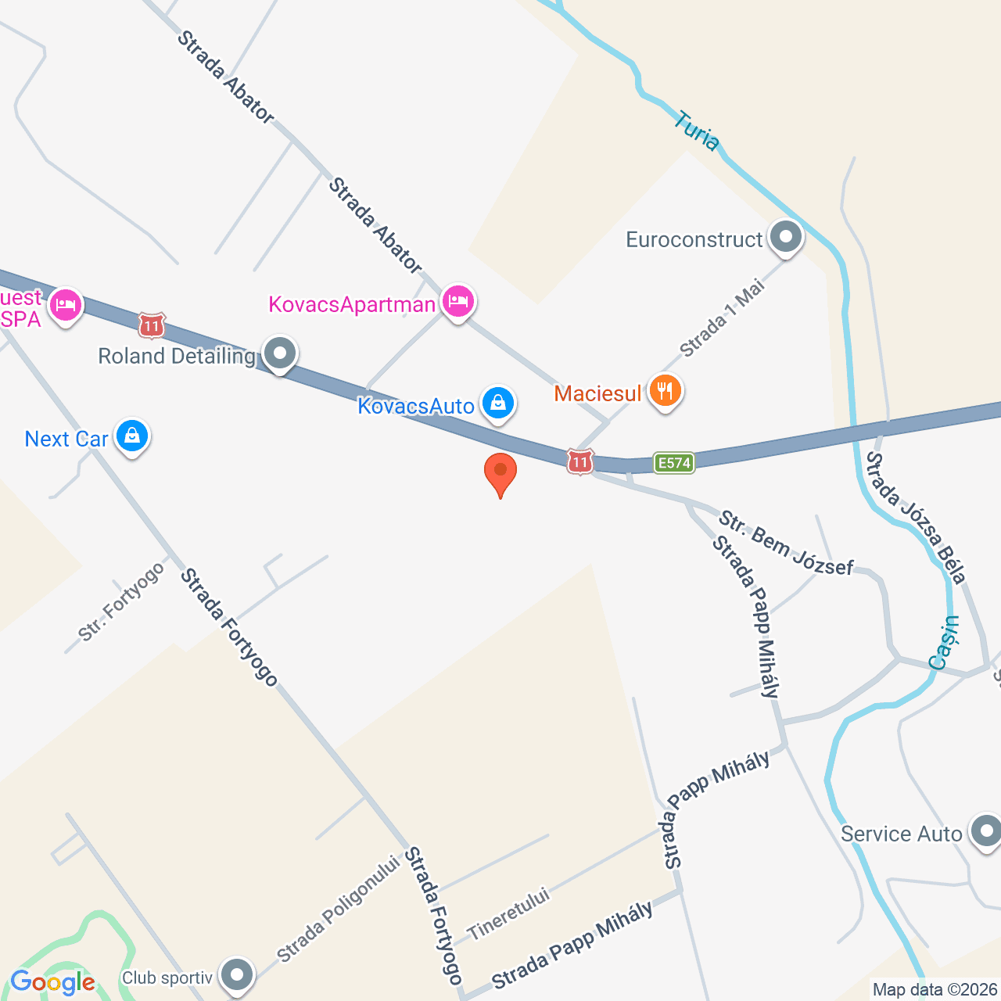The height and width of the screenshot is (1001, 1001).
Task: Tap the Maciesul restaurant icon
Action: click(665, 390)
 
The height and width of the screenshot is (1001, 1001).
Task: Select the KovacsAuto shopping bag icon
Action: click(497, 404)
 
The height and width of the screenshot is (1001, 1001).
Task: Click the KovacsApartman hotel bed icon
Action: click(458, 300)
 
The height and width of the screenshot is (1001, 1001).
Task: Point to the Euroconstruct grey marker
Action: click(786, 236)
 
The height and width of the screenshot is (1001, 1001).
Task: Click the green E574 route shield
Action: click(673, 463)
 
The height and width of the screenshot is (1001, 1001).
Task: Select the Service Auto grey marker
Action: click(985, 831)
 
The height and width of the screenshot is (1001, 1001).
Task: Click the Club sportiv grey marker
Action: click(236, 974)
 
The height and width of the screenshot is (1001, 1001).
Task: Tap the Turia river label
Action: click(696, 131)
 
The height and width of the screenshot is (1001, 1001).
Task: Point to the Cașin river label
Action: click(945, 642)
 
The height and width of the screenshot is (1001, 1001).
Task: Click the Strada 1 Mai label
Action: click(721, 319)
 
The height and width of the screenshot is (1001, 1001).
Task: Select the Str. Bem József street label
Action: click(785, 543)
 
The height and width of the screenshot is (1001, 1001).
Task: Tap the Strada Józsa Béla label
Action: click(916, 517)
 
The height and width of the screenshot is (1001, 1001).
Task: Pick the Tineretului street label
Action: click(508, 914)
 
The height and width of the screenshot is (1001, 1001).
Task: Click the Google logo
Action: click(52, 983)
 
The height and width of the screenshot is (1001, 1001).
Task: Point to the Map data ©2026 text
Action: click(935, 990)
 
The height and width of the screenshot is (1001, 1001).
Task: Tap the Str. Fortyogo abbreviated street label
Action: click(122, 601)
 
